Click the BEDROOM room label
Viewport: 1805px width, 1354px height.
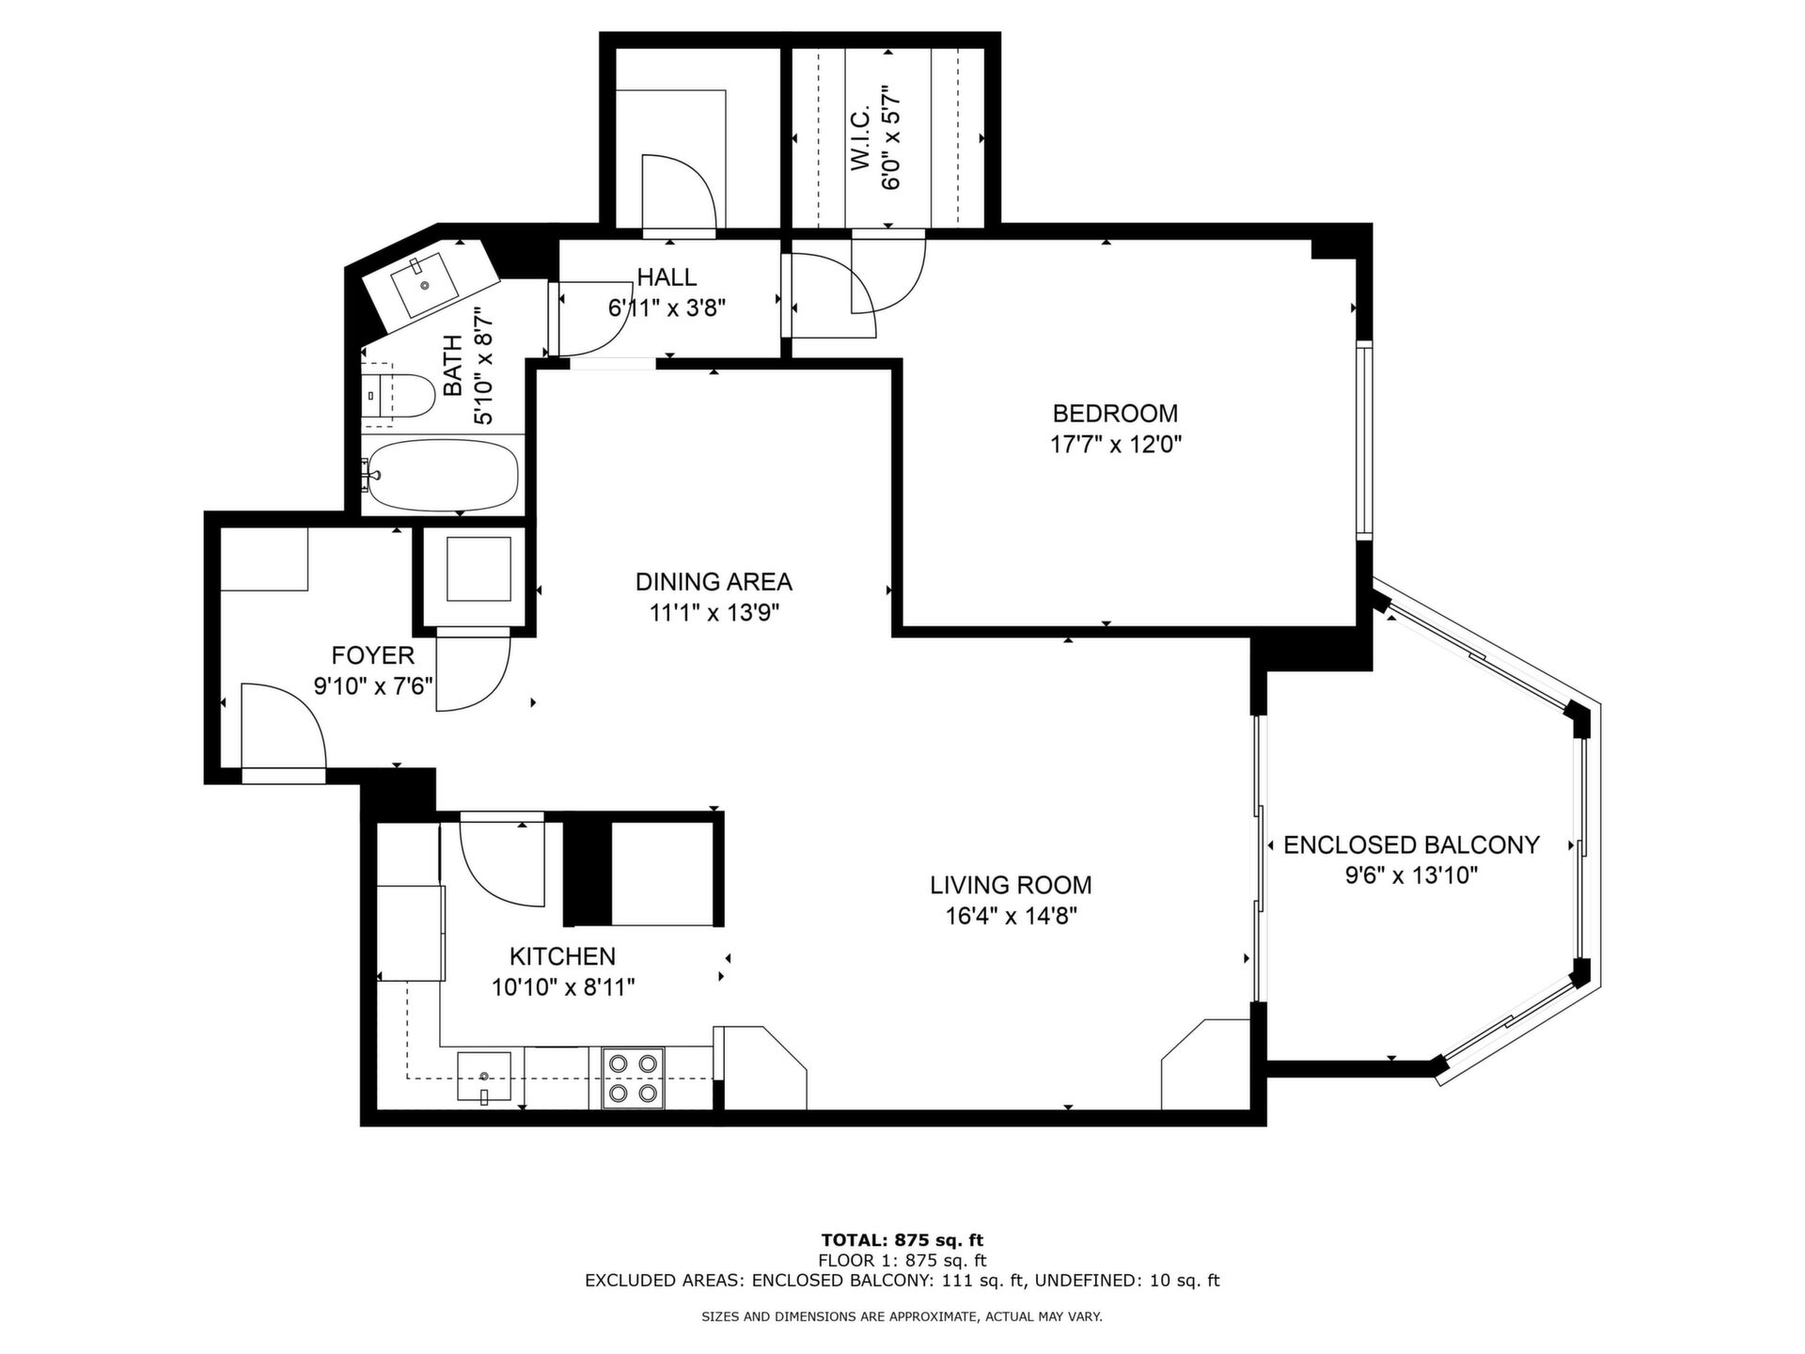point(1115,413)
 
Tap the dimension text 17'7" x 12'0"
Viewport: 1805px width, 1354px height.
point(1115,444)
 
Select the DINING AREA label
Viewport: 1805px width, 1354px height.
point(714,582)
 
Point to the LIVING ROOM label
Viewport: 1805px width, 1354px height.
point(1011,885)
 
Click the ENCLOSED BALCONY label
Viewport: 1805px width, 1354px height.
point(1411,845)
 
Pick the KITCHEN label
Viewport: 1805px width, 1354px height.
point(562,957)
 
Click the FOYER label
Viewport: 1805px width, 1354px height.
point(372,655)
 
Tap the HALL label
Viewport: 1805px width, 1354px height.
point(667,277)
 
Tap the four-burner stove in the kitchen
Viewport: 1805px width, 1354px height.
point(633,1078)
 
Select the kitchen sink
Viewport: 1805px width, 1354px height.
point(484,1077)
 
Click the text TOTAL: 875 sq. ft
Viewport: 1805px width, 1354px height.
point(902,1240)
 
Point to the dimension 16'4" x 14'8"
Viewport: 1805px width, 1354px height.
point(1011,916)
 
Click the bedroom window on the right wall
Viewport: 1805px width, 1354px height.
point(1364,441)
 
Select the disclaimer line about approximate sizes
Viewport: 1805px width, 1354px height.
point(902,1317)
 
